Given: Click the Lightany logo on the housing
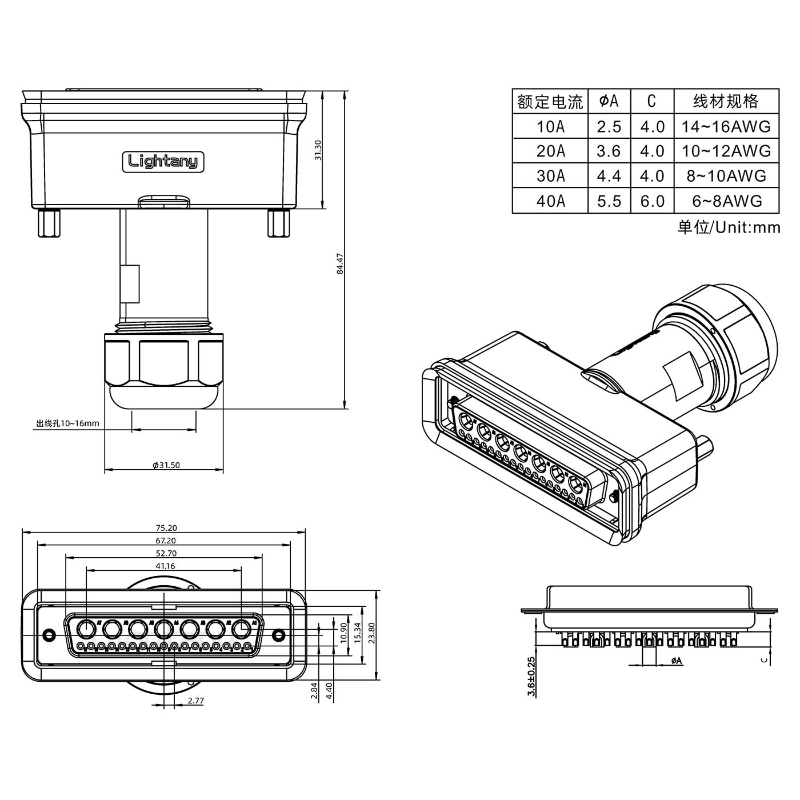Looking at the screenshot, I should pos(163,162).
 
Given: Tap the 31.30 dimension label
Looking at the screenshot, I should pos(318,150).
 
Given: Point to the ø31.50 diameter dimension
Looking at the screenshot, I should pos(166,465).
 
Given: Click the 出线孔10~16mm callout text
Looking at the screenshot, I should pos(68,423).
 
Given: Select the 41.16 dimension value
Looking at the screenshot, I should pos(165,566).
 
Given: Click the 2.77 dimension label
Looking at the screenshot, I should pos(195,701).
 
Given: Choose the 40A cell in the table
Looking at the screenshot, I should pos(550,201).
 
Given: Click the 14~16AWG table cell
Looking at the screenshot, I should pos(726,126).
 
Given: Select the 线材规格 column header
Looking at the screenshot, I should pos(726,101).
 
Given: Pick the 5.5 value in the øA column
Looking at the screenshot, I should pos(609,201).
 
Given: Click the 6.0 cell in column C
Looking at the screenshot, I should pos(652,201).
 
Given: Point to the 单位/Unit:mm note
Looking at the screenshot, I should pos(729,227).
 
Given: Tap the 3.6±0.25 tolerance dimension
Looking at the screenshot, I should pos(531,677).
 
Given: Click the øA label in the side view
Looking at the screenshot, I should pos(675,661).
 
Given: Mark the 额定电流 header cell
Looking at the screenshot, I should pos(550,102).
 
